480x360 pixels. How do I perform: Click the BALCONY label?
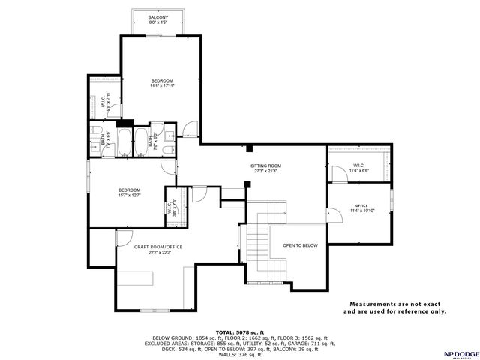click(157, 16)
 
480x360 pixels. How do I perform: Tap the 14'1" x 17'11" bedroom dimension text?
click(162, 86)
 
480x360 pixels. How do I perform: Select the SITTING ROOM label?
click(265, 165)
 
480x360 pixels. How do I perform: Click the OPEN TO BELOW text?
click(300, 245)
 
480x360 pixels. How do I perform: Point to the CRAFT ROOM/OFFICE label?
click(158, 246)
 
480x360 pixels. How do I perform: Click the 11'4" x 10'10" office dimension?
click(361, 211)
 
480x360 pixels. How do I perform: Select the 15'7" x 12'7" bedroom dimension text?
click(129, 196)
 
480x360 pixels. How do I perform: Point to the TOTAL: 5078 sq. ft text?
click(240, 331)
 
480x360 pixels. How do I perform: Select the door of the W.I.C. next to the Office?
click(337, 175)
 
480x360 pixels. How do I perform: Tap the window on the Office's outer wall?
click(391, 204)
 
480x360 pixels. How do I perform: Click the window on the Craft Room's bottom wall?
click(157, 310)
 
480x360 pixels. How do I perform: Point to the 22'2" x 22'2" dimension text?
click(158, 253)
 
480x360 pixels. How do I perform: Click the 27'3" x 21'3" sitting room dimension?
click(265, 172)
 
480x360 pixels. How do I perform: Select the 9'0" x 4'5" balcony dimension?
click(157, 22)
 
